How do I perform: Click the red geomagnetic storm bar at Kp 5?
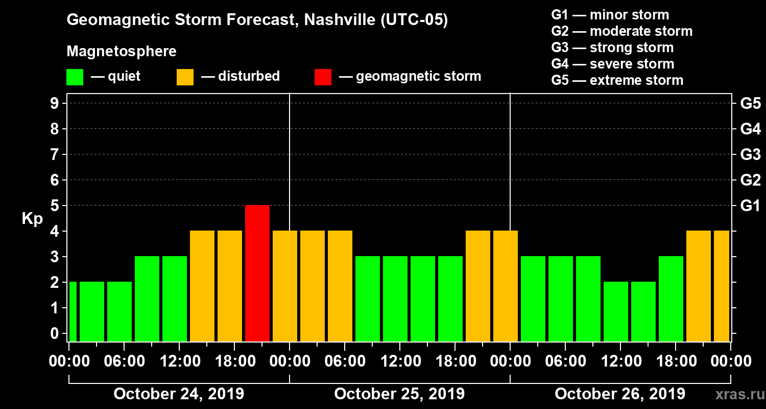point(257,273)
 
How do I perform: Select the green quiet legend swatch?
point(75,77)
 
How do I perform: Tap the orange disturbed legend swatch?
point(185,77)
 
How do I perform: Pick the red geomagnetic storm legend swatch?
point(323,77)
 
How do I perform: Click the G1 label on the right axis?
point(750,206)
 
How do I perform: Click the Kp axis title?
point(32,219)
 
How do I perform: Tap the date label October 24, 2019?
point(179,394)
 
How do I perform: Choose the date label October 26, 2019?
point(620,394)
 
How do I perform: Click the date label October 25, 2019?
point(399,394)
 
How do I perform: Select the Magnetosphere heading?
point(122,52)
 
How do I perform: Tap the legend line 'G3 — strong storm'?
point(612,48)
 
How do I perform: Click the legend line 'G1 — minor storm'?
point(610,15)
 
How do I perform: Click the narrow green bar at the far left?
point(73,311)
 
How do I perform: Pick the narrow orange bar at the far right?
point(722,286)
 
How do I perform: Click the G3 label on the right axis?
point(750,155)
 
